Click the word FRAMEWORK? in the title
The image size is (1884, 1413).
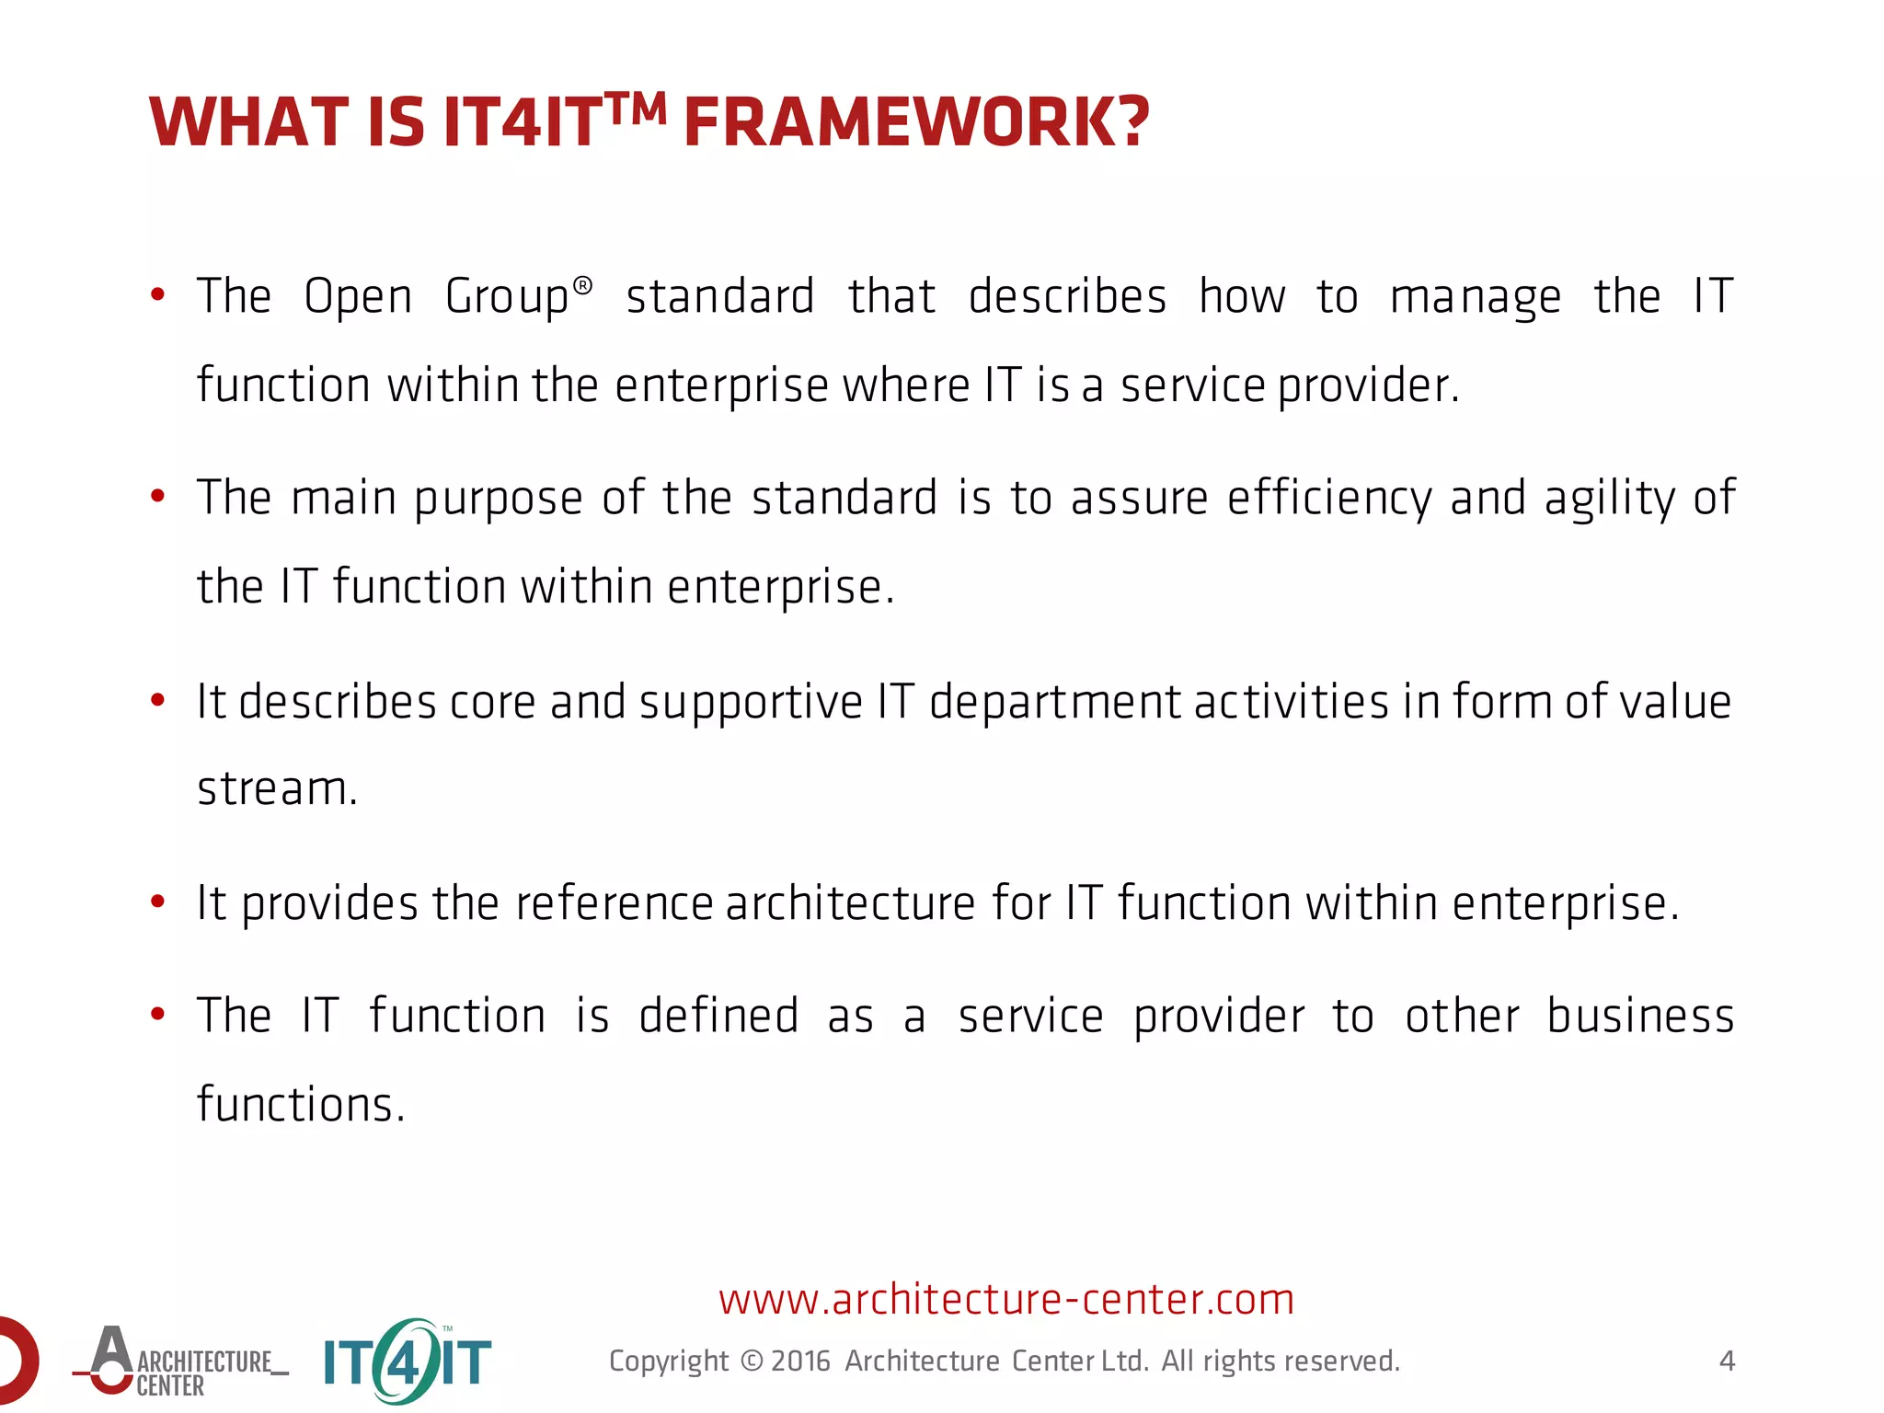(916, 123)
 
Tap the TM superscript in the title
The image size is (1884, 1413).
(635, 109)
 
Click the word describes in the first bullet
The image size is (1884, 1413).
(1067, 296)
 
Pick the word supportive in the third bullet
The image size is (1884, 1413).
(751, 703)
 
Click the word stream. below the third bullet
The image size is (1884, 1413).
(277, 788)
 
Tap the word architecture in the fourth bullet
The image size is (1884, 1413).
(850, 902)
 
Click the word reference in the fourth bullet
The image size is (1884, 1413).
(614, 902)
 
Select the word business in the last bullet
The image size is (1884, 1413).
(1640, 1016)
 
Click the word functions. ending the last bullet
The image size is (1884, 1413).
(301, 1104)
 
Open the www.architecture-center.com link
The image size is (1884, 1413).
(1006, 1299)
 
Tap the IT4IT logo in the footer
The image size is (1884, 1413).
(408, 1361)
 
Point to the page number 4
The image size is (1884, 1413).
(1727, 1361)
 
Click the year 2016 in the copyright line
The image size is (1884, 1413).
(800, 1361)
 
